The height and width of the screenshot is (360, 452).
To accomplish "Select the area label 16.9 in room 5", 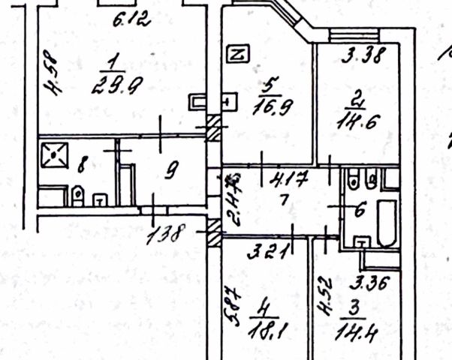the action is point(274,102).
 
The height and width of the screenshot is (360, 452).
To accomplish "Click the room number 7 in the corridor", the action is point(283,201).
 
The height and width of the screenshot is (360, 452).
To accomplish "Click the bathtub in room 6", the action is point(386,223).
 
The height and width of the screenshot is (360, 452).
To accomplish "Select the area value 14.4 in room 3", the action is point(359,328).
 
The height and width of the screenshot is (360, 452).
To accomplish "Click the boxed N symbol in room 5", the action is point(237,54).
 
